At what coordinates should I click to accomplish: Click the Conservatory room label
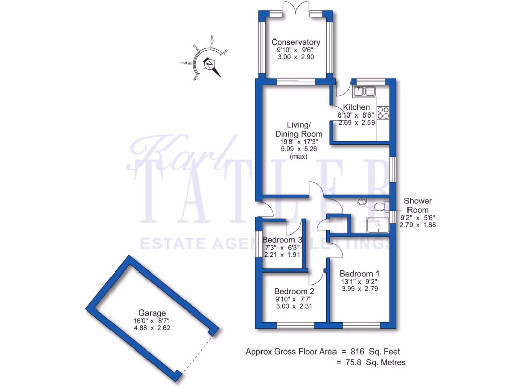295,42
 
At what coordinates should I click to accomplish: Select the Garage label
152,313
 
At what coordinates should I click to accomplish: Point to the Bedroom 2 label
294,291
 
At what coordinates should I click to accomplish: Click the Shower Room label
418,205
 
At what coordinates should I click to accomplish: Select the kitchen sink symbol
364,91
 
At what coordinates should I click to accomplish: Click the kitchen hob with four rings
383,112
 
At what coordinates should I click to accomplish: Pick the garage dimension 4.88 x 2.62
152,328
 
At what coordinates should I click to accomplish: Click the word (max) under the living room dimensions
298,157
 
